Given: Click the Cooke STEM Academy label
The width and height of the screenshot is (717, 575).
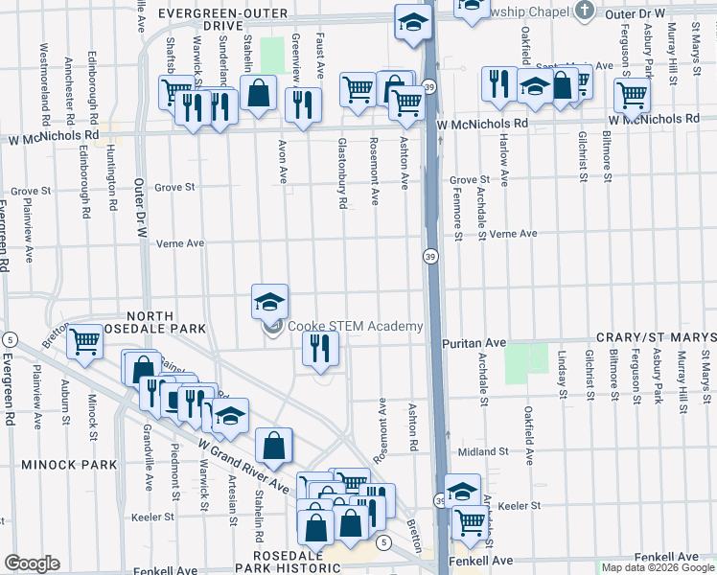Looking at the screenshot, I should point(356,327).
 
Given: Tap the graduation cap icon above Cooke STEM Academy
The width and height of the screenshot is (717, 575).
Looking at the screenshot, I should point(270,301).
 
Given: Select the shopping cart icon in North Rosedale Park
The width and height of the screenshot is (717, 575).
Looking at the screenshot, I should point(86,340).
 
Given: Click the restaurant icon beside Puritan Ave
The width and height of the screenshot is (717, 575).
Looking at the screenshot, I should point(320,348).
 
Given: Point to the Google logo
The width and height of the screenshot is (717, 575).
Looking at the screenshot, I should point(33,563).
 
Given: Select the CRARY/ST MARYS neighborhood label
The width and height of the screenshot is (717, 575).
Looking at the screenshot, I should point(656,338).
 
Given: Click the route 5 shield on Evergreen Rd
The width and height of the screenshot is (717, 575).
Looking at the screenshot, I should point(9,340).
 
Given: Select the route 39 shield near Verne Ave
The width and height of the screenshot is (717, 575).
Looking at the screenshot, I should point(430,257).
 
